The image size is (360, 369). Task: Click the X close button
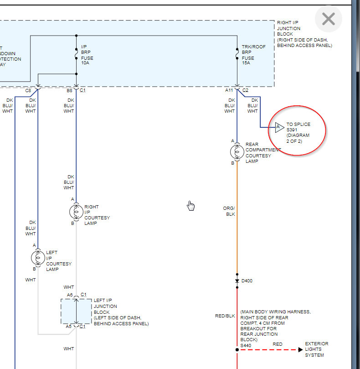point(328,19)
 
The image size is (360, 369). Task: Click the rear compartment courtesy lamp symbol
point(237,151)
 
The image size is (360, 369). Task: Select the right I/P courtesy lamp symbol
point(76,211)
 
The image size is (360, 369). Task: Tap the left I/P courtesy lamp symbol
point(37,257)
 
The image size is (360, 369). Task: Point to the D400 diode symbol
point(237,281)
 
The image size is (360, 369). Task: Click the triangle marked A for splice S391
point(279,127)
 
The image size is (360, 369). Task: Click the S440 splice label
point(246,346)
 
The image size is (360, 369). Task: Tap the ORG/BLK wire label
point(229,211)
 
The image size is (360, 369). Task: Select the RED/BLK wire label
point(225,316)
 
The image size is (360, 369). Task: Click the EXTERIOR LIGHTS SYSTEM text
point(316,349)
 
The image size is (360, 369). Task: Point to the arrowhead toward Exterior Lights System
point(300,350)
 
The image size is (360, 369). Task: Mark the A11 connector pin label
point(229,90)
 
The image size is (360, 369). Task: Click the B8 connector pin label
point(69,90)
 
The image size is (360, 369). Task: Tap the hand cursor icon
point(191,206)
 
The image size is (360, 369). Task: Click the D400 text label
point(247,281)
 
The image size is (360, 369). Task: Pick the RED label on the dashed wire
point(278,344)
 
